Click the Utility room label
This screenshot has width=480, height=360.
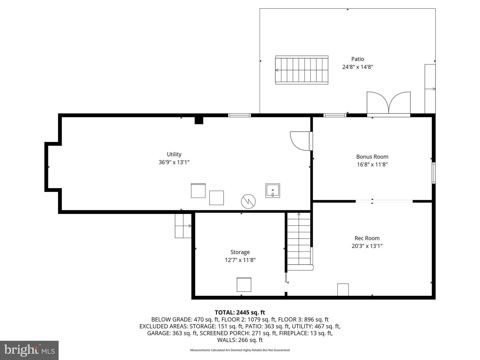(174, 154)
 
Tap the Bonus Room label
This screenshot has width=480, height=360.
(372, 157)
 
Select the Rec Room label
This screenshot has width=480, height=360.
(367, 238)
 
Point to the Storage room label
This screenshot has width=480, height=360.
(240, 252)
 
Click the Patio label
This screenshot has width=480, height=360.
(358, 59)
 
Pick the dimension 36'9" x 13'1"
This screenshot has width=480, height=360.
(174, 162)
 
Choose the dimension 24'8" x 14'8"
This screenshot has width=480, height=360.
(358, 67)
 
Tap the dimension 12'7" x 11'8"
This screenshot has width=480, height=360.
(240, 260)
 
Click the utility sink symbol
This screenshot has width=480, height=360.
(273, 191)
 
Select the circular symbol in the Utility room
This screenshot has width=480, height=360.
(248, 201)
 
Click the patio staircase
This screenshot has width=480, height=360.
(302, 70)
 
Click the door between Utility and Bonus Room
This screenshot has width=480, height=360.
(301, 141)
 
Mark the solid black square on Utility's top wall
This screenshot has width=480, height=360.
(199, 120)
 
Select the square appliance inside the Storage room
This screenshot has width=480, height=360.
(244, 285)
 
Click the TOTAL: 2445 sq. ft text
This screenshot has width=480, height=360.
(240, 312)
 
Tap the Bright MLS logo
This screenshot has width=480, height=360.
(29, 350)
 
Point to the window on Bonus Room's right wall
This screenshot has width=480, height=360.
(433, 173)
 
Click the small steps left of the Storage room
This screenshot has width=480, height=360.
(183, 226)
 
